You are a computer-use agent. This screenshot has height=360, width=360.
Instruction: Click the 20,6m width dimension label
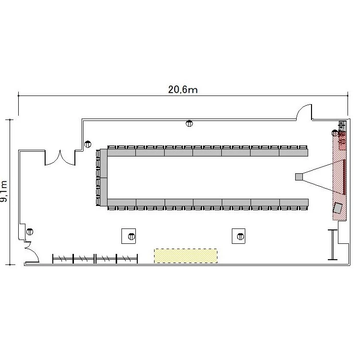[183, 90]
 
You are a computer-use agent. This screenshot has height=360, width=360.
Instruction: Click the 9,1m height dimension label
[4, 191]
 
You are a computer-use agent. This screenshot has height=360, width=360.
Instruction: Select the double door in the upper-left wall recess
[60, 158]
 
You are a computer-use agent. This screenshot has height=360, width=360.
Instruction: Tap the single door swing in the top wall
[304, 112]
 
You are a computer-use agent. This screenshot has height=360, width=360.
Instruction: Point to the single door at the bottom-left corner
[32, 252]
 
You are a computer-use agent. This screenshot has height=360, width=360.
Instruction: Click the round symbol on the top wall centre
[189, 123]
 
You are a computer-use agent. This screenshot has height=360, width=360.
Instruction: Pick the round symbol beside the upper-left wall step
[88, 144]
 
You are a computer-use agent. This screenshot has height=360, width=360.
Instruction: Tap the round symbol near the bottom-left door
[30, 232]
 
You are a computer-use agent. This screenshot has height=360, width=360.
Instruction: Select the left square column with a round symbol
[129, 236]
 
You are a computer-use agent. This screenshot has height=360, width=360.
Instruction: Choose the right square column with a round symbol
[239, 236]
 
